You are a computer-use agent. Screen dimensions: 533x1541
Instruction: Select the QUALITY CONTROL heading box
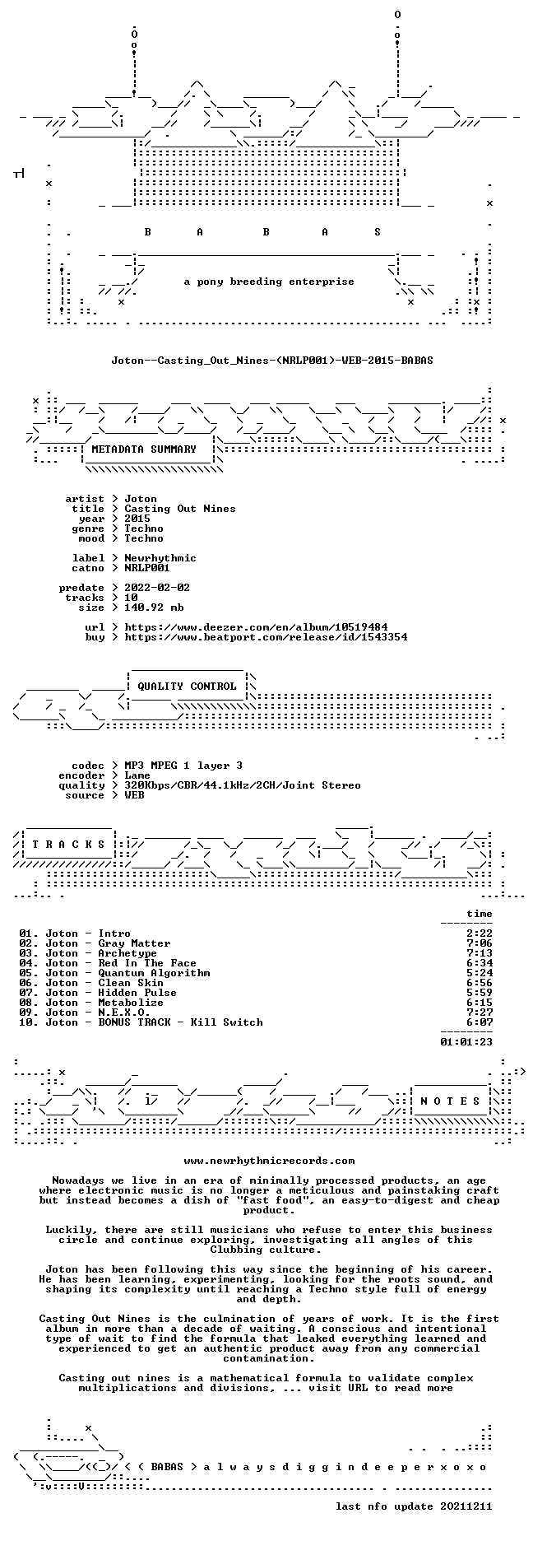point(187,687)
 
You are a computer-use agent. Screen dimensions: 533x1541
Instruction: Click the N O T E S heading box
point(452,1101)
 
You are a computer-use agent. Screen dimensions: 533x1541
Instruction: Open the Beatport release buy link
point(266,637)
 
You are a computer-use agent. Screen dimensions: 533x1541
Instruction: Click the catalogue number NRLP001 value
point(147,568)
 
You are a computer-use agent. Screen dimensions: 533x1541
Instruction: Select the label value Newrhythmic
point(160,558)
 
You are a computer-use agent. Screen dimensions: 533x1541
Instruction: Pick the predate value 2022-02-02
point(157,588)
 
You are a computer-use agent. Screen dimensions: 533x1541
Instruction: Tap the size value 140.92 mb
point(154,608)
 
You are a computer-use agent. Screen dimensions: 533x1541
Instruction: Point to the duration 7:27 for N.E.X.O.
point(480,1013)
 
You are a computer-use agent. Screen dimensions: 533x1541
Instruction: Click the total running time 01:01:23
point(466,1042)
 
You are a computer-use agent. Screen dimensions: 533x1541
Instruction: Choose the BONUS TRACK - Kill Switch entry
point(180,1022)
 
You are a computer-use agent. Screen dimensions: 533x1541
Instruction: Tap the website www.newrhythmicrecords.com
point(269,1161)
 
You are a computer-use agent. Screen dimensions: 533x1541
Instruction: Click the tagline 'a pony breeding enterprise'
point(269,282)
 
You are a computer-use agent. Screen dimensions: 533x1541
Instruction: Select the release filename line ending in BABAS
point(272,361)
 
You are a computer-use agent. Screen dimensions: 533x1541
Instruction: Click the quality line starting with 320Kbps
point(243,785)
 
